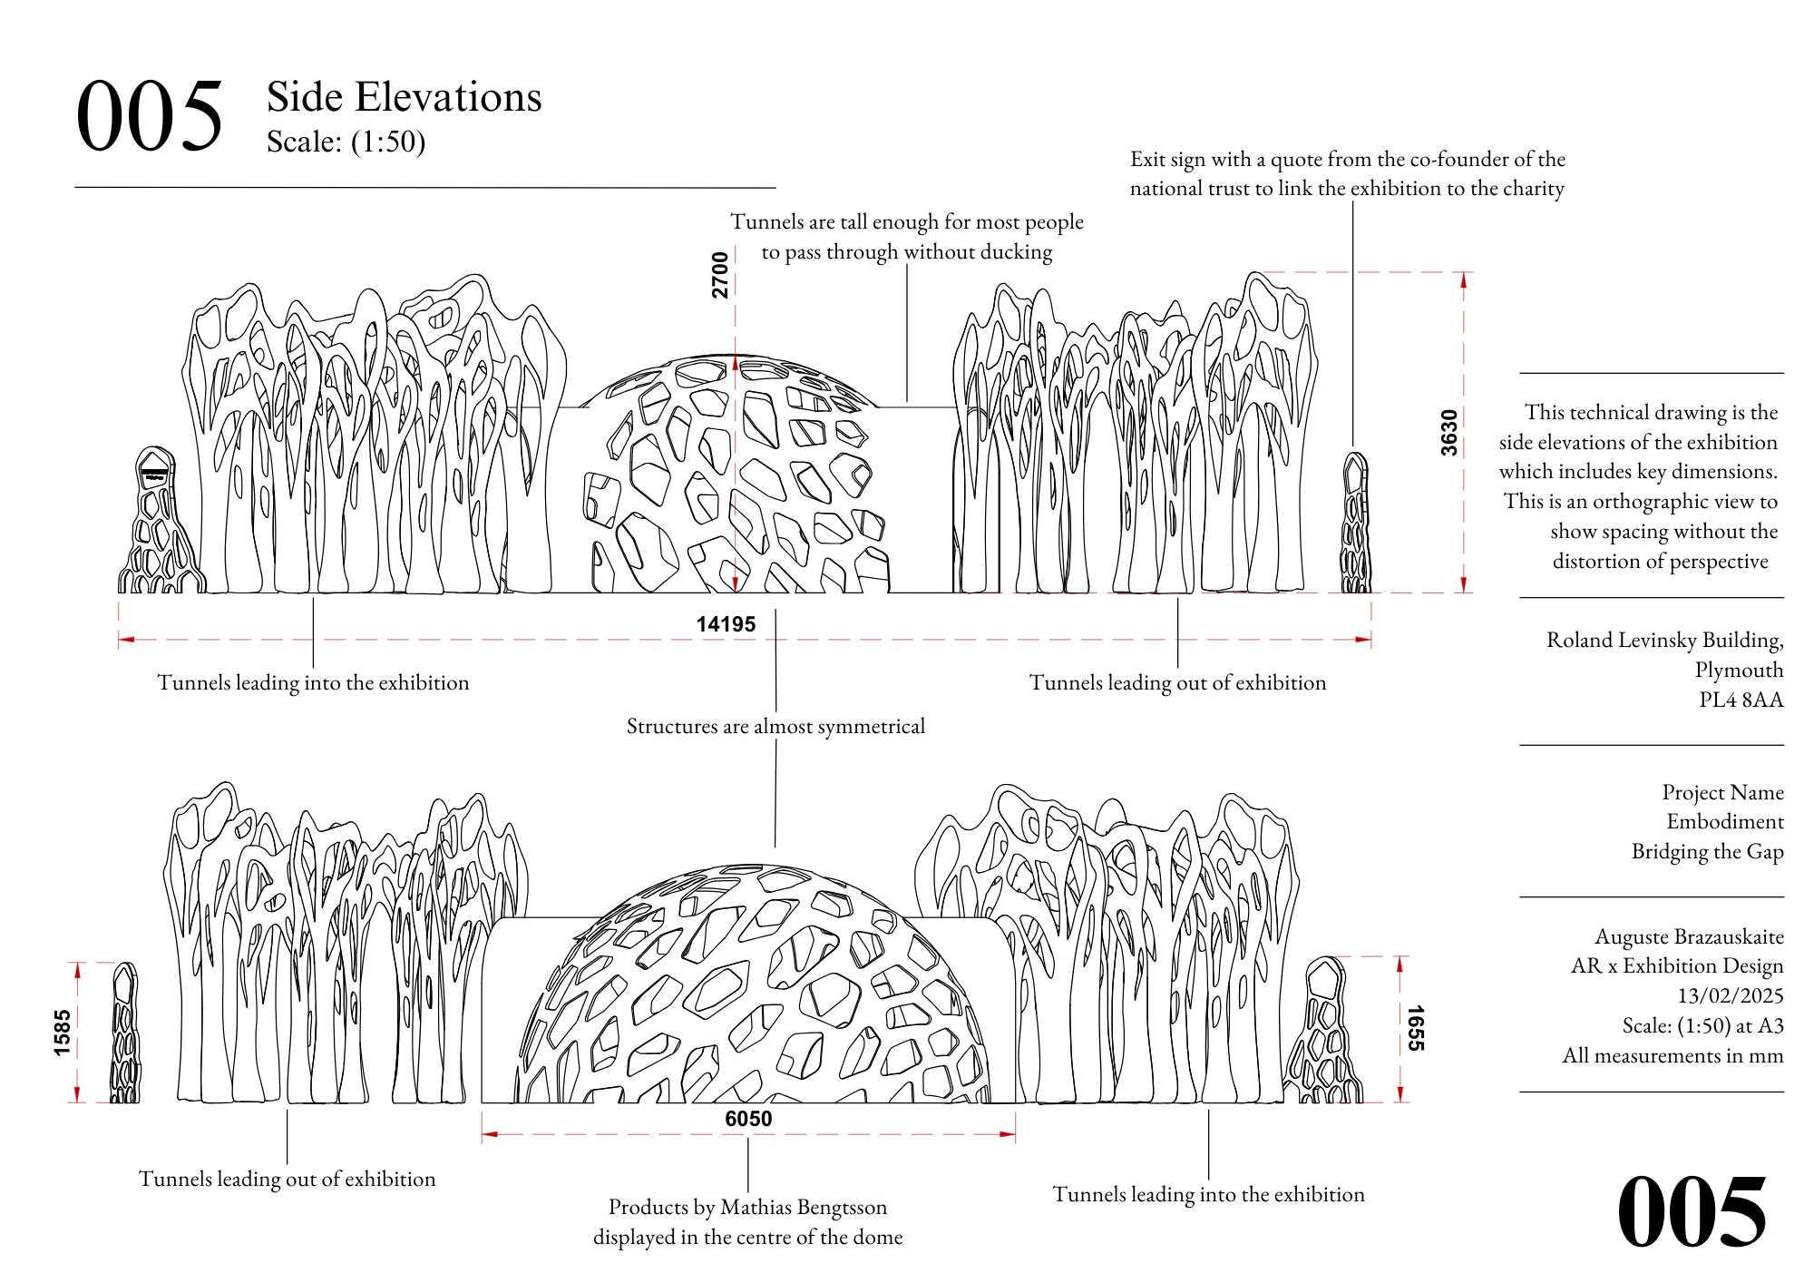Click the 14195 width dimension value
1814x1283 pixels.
pos(726,624)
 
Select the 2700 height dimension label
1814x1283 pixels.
pos(720,275)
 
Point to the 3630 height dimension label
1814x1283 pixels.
pos(1449,433)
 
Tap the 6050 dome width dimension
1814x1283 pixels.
pos(748,1119)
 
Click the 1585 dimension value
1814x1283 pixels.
pos(62,1033)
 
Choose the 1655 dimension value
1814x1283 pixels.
pos(1415,1028)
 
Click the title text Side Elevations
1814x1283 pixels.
pos(404,97)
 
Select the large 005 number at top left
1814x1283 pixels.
pos(150,116)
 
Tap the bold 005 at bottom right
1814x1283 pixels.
pos(1692,1211)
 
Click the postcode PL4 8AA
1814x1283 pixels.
pos(1741,700)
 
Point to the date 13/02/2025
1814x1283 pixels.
pos(1730,995)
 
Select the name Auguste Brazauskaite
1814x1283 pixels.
pos(1689,936)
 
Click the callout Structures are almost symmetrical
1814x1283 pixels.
pos(775,726)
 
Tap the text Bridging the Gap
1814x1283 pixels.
pos(1707,851)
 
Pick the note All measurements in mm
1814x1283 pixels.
pos(1673,1055)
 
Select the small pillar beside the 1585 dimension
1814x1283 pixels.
pos(125,1034)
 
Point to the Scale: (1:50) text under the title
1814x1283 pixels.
pos(346,142)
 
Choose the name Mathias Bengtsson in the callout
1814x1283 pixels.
pos(804,1207)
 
